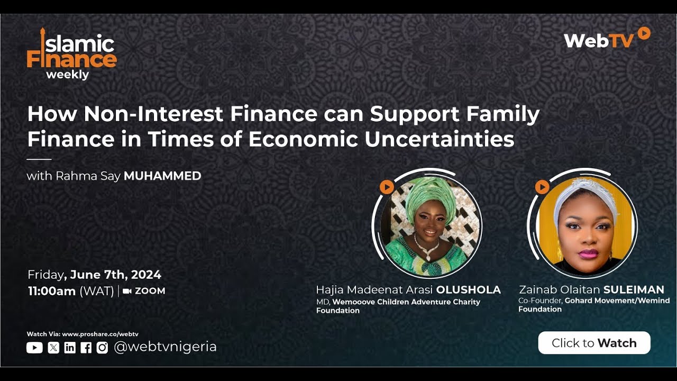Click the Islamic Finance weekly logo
[x=71, y=54]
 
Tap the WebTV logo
[x=606, y=39]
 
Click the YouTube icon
[x=34, y=348]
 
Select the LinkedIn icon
[x=70, y=348]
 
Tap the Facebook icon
[x=86, y=348]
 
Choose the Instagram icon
[x=102, y=348]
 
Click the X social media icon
[x=53, y=348]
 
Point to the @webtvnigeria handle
[x=165, y=347]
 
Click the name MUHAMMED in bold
[x=162, y=176]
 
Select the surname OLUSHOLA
[x=468, y=290]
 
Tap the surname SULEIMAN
[x=634, y=289]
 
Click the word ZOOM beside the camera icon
[x=150, y=291]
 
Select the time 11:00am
[x=52, y=291]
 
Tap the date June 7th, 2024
[x=115, y=275]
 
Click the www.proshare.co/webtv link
[x=100, y=334]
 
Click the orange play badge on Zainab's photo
[x=542, y=187]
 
